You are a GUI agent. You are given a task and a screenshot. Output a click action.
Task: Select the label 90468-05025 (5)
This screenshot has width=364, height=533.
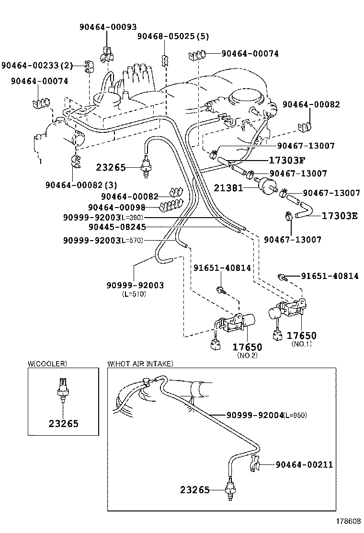click(x=173, y=36)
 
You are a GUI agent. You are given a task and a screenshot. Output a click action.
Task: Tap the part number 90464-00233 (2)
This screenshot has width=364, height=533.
click(x=37, y=66)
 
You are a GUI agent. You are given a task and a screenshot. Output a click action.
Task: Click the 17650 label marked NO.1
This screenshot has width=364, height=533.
click(x=301, y=336)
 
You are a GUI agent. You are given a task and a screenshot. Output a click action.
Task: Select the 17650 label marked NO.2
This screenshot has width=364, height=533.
click(x=247, y=347)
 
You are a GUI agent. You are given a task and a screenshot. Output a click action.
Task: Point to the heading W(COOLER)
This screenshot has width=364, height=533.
click(x=47, y=364)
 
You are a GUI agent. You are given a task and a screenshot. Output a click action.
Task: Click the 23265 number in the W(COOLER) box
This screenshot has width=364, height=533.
click(x=63, y=423)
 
